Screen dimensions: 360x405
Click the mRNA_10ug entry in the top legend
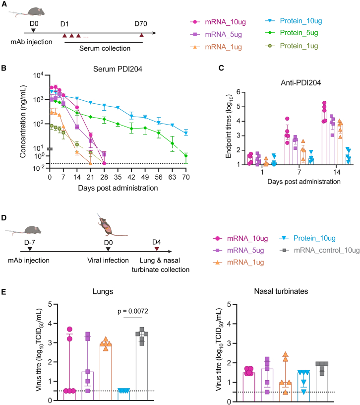pyautogui.click(x=218, y=22)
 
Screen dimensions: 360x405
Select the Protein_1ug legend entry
pyautogui.click(x=292, y=46)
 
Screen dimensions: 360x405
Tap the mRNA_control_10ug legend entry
pyautogui.click(x=319, y=250)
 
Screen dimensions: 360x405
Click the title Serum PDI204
pyautogui.click(x=118, y=69)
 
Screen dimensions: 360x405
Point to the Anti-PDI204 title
pyautogui.click(x=300, y=83)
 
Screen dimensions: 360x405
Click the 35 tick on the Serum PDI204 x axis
pyautogui.click(x=118, y=177)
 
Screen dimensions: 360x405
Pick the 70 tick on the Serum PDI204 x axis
pyautogui.click(x=186, y=177)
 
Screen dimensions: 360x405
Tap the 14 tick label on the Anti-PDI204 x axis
pyautogui.click(x=337, y=172)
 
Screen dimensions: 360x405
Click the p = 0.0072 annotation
pyautogui.click(x=133, y=311)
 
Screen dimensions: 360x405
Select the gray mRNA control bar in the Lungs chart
pyautogui.click(x=142, y=367)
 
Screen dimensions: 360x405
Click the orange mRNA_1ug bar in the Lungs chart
pyautogui.click(x=106, y=372)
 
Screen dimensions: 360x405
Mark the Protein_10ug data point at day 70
pyautogui.click(x=186, y=134)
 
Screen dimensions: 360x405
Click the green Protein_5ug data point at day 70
pyautogui.click(x=186, y=156)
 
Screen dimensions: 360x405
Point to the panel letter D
pyautogui.click(x=4, y=217)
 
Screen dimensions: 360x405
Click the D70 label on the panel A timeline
pyautogui.click(x=141, y=24)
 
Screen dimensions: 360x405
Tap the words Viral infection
pyautogui.click(x=108, y=260)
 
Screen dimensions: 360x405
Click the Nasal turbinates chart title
pyautogui.click(x=281, y=291)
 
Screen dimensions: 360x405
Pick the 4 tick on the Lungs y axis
pyautogui.click(x=50, y=324)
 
